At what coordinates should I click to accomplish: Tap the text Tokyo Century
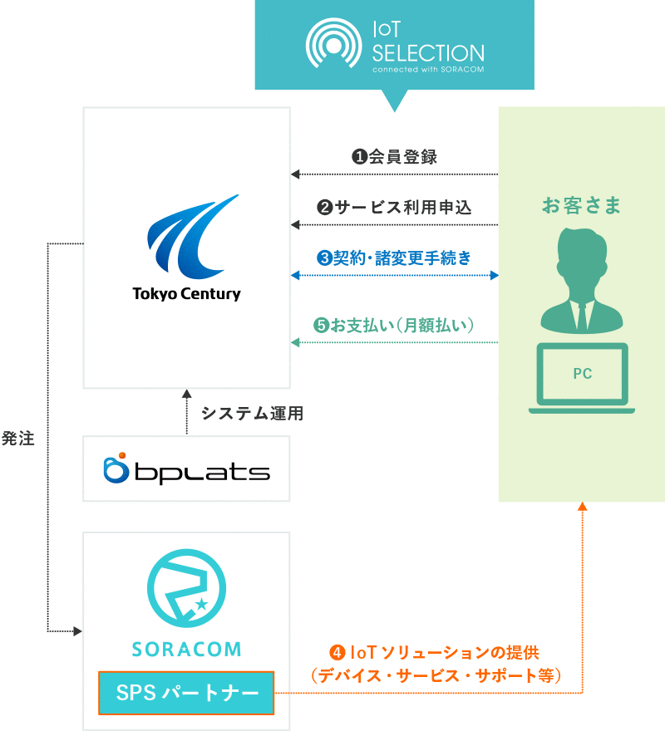(x=186, y=294)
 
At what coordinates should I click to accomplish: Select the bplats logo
(x=186, y=469)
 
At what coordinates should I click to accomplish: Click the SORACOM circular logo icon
(x=186, y=589)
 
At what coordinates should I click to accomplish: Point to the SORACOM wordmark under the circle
(x=186, y=648)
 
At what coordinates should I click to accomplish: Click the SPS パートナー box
(x=186, y=693)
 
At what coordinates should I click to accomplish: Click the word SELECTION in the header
(x=427, y=53)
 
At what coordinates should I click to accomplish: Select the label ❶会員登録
(x=394, y=157)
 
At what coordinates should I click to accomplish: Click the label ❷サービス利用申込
(x=394, y=208)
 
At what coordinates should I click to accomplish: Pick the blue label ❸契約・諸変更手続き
(x=394, y=258)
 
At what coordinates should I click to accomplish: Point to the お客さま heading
(x=582, y=205)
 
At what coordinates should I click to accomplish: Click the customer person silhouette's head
(x=582, y=256)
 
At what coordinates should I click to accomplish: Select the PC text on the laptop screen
(x=582, y=374)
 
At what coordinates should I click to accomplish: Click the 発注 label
(x=18, y=439)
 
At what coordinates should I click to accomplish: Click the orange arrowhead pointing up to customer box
(x=582, y=508)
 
